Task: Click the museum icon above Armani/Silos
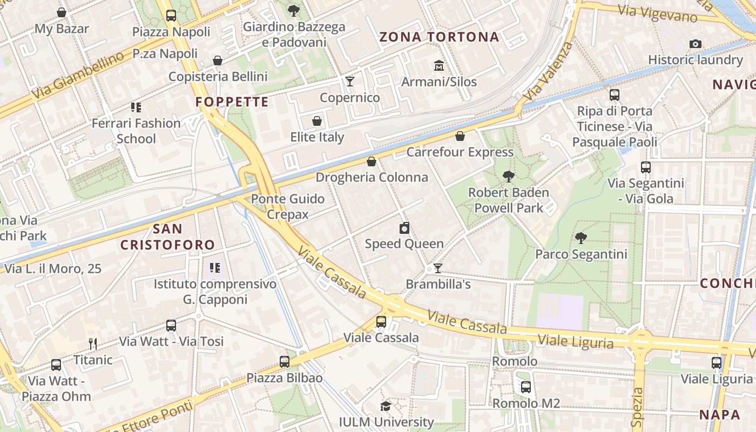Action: point(438,66)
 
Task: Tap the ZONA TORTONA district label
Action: point(439,37)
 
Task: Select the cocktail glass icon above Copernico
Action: point(350,82)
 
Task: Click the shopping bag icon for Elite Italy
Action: point(317,121)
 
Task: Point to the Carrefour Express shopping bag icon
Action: point(460,136)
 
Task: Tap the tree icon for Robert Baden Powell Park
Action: point(508,176)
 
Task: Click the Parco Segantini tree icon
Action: point(580,238)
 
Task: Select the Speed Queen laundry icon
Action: point(404,228)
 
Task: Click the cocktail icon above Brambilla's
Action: point(438,268)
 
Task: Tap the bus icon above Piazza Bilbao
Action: point(285,362)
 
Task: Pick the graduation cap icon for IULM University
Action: point(386,406)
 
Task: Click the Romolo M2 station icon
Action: point(526,387)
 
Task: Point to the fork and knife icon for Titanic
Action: point(93,343)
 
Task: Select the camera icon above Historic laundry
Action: point(696,44)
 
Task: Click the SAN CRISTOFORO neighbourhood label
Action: point(167,237)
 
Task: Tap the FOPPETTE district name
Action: point(232,102)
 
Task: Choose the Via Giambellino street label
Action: point(77,76)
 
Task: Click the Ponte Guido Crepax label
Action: point(288,206)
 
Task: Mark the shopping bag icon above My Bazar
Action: point(62,12)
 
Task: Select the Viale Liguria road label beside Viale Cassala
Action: point(576,341)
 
